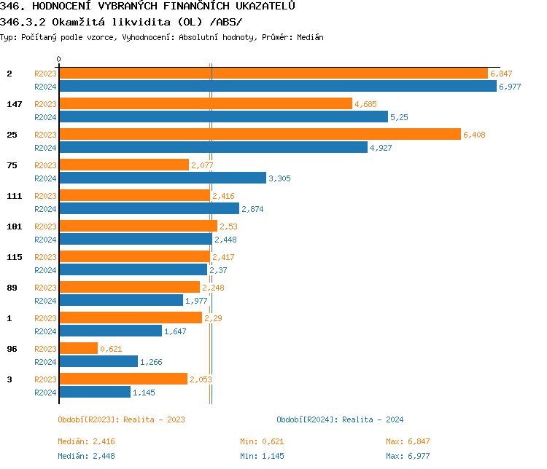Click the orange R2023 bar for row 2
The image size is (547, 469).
273,74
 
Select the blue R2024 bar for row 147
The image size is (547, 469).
223,117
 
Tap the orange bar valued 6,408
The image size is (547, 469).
260,135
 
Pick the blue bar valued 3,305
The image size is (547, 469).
162,178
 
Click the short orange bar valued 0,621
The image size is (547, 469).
78,349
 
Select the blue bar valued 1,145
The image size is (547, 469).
95,393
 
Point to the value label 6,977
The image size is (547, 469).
510,87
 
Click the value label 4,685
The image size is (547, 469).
365,104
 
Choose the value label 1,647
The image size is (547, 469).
175,331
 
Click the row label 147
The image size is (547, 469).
15,104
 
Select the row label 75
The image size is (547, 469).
12,165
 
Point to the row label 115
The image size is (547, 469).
15,257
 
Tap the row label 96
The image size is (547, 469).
12,349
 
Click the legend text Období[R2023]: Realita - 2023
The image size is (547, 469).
121,419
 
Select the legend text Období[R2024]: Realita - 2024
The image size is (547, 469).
340,419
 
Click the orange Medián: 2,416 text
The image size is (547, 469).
86,441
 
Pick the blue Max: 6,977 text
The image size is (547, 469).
408,456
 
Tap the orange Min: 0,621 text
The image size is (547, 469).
262,441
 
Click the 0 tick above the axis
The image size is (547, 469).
59,59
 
